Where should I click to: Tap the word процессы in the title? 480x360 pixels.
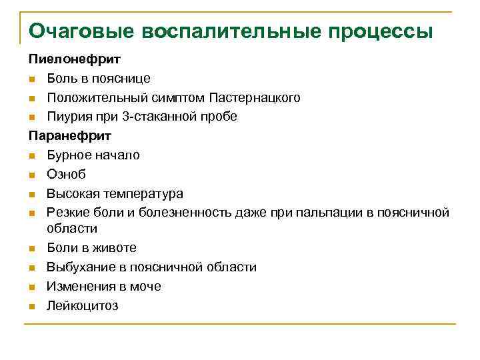pyautogui.click(x=377, y=31)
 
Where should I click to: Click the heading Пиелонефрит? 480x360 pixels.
pyautogui.click(x=70, y=60)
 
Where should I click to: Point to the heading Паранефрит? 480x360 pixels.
pyautogui.click(x=69, y=136)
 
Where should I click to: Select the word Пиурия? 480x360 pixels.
pyautogui.click(x=67, y=117)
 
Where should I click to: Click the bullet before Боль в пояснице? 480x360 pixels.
pyautogui.click(x=33, y=79)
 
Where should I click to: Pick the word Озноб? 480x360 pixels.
pyautogui.click(x=66, y=174)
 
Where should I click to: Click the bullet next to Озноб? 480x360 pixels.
pyautogui.click(x=33, y=175)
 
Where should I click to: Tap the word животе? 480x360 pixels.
pyautogui.click(x=116, y=248)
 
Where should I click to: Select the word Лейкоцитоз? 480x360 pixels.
pyautogui.click(x=82, y=306)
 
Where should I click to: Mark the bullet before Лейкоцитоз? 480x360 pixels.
pyautogui.click(x=33, y=307)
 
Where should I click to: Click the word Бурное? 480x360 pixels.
pyautogui.click(x=68, y=155)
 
